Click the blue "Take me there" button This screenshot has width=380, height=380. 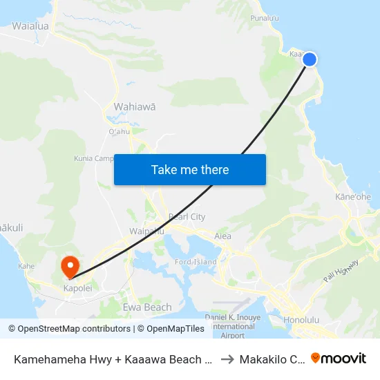pyautogui.click(x=190, y=169)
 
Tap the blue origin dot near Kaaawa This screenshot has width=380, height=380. pyautogui.click(x=310, y=59)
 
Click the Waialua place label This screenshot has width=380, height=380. pyautogui.click(x=30, y=26)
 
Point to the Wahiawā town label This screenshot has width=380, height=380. pyautogui.click(x=134, y=107)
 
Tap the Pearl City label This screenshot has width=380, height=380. pyautogui.click(x=187, y=217)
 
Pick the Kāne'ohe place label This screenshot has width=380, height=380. pyautogui.click(x=353, y=197)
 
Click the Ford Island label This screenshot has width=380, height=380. pyautogui.click(x=196, y=262)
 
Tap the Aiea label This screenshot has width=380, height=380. pyautogui.click(x=222, y=236)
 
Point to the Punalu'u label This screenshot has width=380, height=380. pyautogui.click(x=265, y=18)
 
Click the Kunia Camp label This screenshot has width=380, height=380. pyautogui.click(x=94, y=158)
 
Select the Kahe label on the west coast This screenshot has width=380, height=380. pyautogui.click(x=27, y=266)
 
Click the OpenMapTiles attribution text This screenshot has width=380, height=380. pyautogui.click(x=171, y=329)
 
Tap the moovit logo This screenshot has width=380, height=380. pyautogui.click(x=339, y=358)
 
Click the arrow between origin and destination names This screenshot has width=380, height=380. pyautogui.click(x=227, y=359)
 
